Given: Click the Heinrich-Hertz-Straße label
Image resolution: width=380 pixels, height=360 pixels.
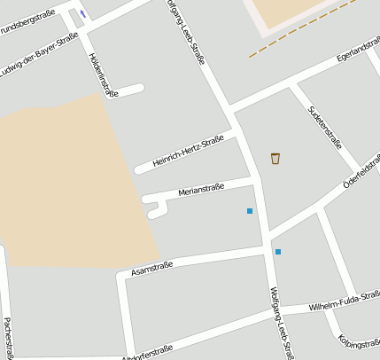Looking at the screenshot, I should click(188, 152).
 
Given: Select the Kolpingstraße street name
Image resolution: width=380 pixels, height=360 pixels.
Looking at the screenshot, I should click(359, 344).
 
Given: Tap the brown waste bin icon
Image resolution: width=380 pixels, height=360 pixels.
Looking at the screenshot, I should click(275, 158).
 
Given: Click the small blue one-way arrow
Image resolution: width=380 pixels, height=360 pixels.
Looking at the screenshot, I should click(83, 13).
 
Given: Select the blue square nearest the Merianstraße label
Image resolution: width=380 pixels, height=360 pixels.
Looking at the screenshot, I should click(250, 211).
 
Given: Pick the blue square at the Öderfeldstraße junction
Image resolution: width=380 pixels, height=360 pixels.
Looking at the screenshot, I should click(278, 252).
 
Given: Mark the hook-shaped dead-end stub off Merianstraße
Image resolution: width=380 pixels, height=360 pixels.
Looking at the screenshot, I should click(156, 209).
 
